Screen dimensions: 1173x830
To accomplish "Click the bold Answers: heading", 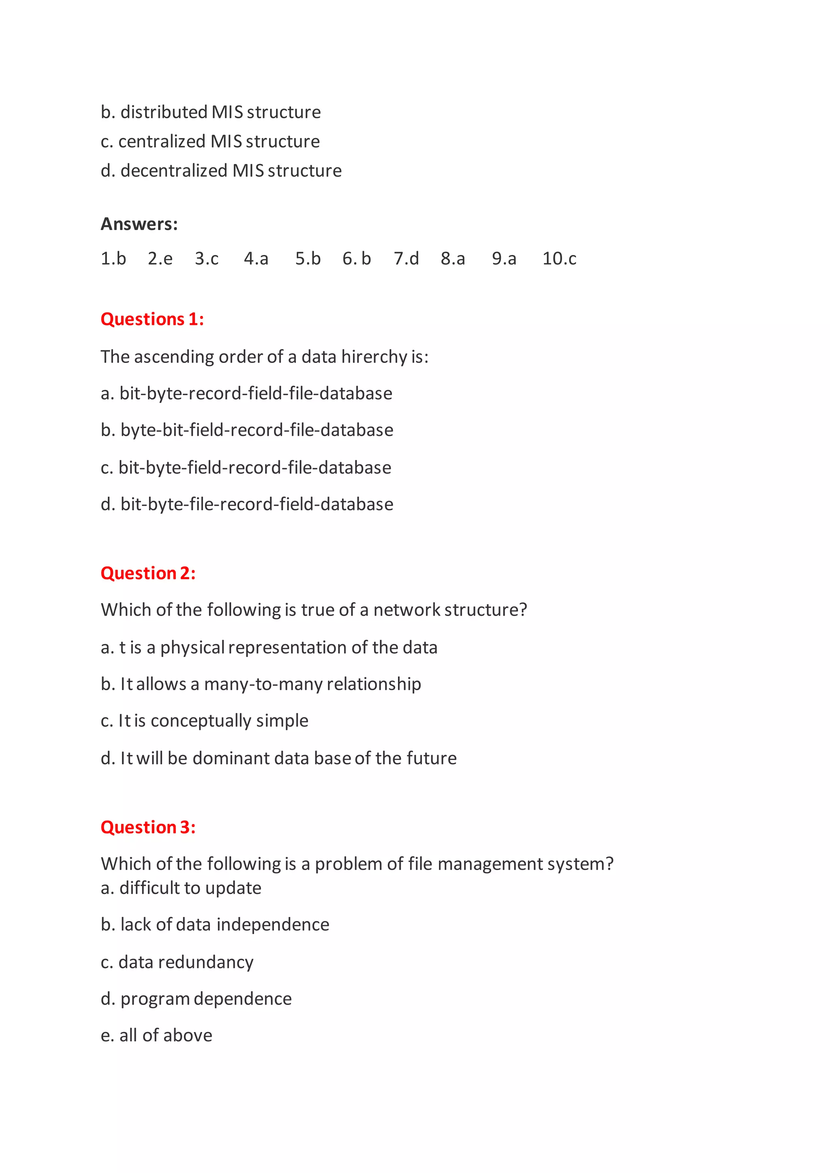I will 139,224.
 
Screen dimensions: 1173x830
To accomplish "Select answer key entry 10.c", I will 559,258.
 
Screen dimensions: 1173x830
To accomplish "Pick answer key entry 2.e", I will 160,258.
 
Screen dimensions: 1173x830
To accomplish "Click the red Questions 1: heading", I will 152,319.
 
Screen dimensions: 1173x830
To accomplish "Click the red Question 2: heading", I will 148,573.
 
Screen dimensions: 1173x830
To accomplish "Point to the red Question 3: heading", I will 148,827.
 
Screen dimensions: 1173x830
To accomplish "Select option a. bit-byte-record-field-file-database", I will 246,393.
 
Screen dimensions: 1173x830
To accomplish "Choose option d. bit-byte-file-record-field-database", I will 247,504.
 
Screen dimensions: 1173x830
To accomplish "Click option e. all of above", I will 156,1035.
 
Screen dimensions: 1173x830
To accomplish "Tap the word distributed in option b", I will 164,112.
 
